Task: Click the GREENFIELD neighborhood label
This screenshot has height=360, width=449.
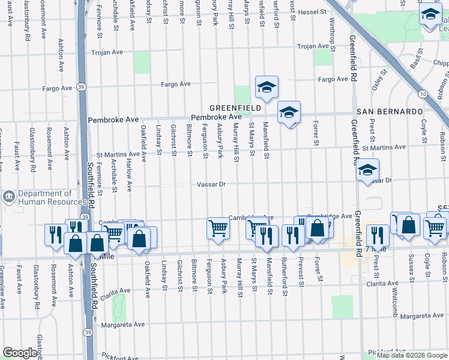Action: tap(235, 107)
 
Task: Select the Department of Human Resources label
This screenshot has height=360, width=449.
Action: tap(45, 198)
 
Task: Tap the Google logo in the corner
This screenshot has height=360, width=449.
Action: tap(20, 353)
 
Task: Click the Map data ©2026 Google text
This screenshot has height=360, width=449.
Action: tap(412, 356)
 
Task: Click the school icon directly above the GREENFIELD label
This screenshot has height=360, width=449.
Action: tap(266, 87)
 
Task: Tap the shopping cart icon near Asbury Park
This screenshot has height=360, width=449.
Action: tap(218, 227)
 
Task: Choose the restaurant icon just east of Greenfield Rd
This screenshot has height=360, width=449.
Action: tap(378, 234)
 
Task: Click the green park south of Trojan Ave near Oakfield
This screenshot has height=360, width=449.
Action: tap(142, 62)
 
